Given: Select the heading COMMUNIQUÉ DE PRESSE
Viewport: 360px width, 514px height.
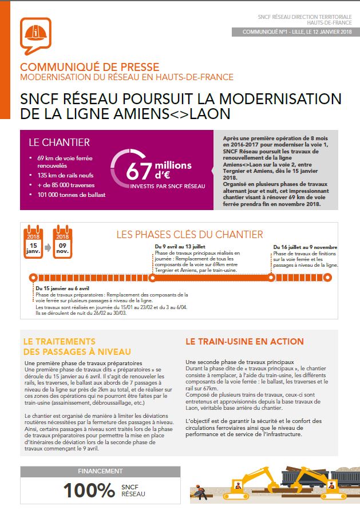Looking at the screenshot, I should pyautogui.click(x=89, y=67).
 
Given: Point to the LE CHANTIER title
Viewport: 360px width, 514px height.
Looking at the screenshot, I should pyautogui.click(x=59, y=143).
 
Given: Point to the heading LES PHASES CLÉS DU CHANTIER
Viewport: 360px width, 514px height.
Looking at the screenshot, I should pyautogui.click(x=197, y=234).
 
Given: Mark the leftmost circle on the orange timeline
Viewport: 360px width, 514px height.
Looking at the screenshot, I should pyautogui.click(x=31, y=278).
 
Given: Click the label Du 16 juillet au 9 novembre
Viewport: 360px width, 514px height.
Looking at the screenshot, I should pyautogui.click(x=305, y=246).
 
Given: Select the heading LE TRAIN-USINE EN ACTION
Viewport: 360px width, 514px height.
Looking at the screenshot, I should pyautogui.click(x=244, y=342).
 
